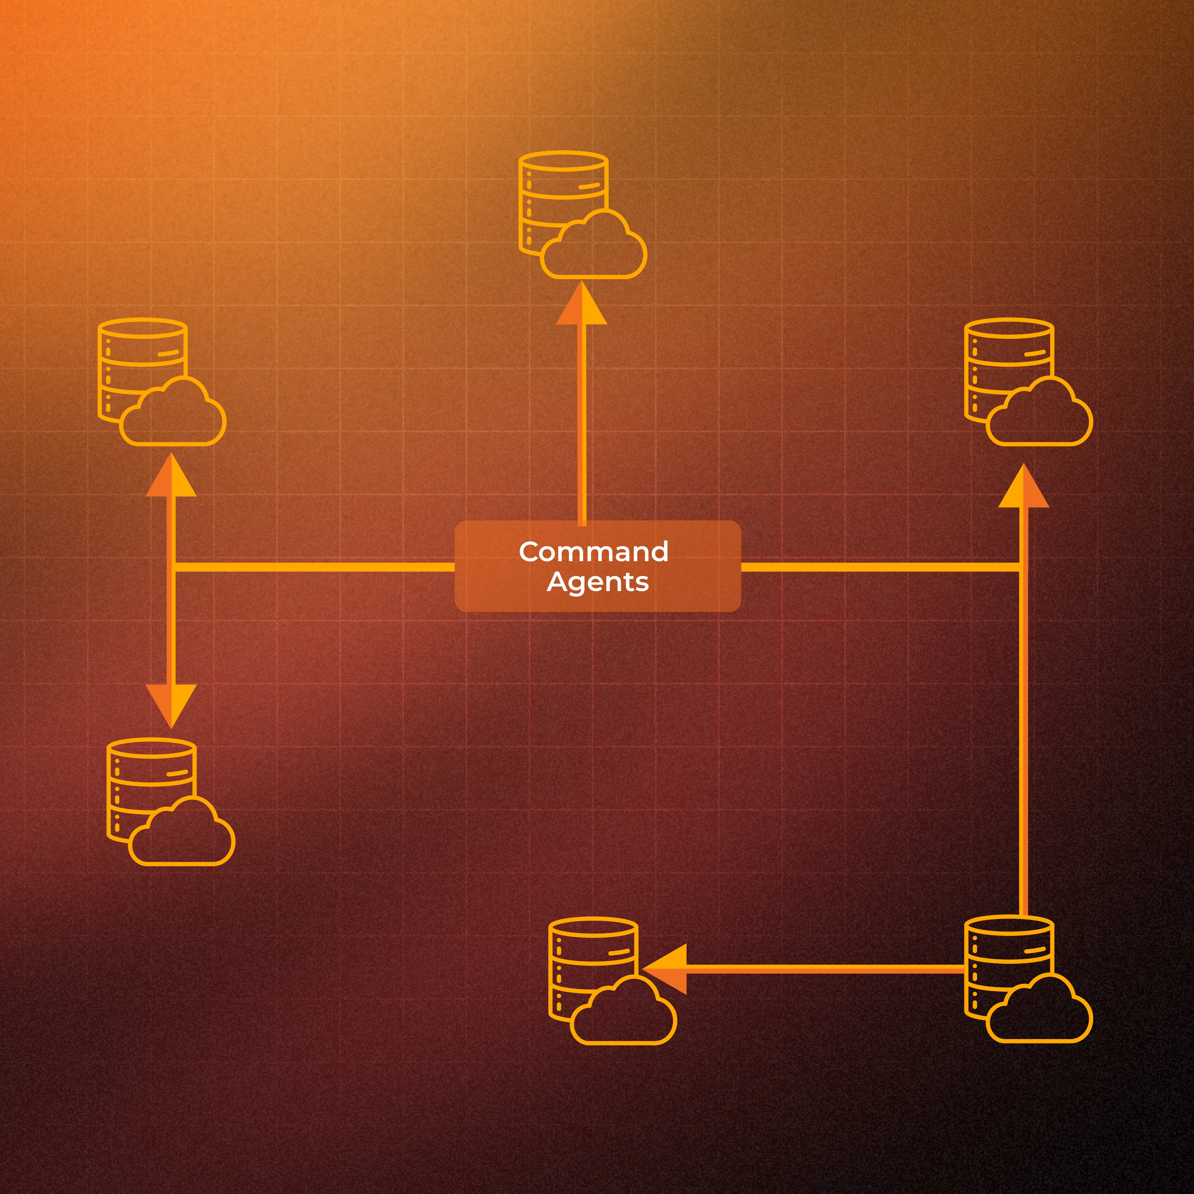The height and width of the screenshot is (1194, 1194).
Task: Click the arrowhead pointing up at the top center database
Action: (582, 306)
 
